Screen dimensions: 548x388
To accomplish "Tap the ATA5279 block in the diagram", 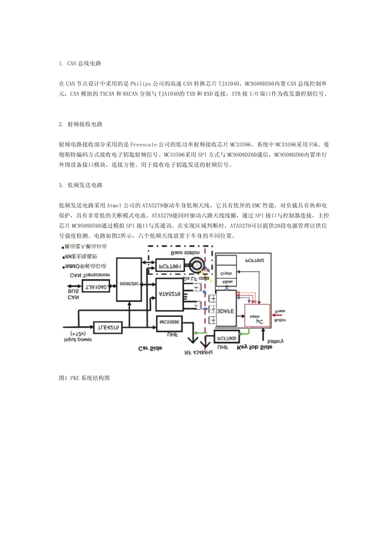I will (x=169, y=294).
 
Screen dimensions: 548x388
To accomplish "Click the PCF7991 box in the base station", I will (x=168, y=266).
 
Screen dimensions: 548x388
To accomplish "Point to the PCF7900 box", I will (x=227, y=338).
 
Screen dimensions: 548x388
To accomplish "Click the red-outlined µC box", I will (x=257, y=315).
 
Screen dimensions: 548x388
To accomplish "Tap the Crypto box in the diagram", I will (x=226, y=273).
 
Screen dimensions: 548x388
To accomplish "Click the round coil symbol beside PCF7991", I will (x=197, y=265).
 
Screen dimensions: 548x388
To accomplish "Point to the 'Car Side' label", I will (x=150, y=348).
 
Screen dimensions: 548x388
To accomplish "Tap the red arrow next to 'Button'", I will (x=277, y=315).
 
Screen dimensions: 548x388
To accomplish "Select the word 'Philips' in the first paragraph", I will (x=141, y=84).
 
